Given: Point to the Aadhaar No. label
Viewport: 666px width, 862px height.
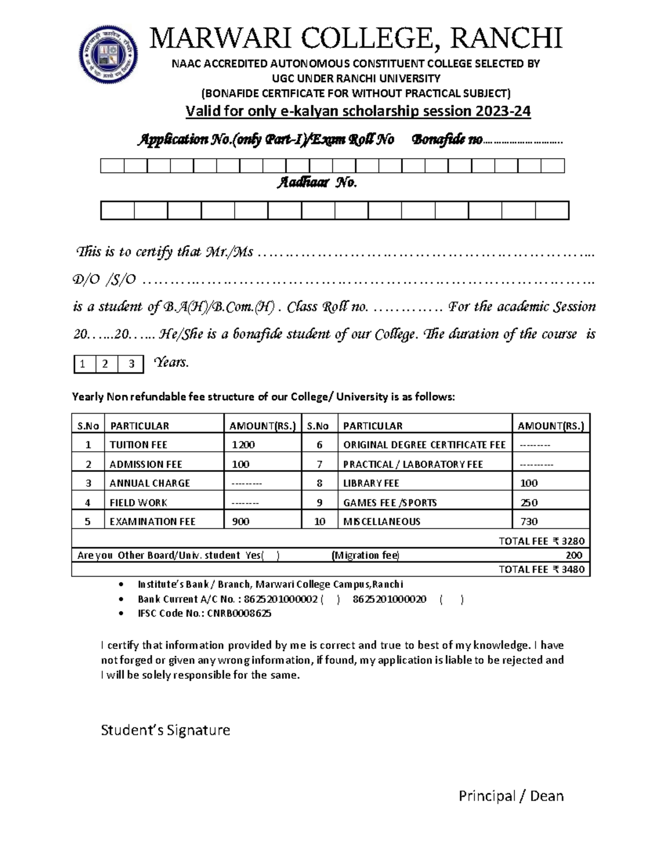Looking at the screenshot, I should [316, 183].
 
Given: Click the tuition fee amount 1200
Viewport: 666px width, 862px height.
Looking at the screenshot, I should [243, 445].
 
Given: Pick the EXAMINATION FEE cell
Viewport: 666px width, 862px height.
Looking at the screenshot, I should [153, 522].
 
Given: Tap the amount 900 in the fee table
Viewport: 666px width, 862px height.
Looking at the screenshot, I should [241, 522].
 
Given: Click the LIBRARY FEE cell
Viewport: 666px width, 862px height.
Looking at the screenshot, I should [371, 483].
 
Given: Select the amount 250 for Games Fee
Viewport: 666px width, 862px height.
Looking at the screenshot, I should [528, 503].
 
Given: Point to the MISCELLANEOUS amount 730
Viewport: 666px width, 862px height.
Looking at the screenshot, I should [528, 522].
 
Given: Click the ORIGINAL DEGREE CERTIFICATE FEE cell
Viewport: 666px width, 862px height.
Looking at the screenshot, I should [424, 445].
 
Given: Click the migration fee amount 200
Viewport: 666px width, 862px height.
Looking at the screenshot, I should [573, 556].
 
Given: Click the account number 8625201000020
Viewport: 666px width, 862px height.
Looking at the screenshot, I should [389, 599].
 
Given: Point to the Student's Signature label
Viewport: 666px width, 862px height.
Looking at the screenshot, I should [165, 730].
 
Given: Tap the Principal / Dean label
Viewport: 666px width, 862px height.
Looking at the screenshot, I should [511, 797].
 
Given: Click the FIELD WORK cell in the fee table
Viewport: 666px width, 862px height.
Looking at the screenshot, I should [138, 503].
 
